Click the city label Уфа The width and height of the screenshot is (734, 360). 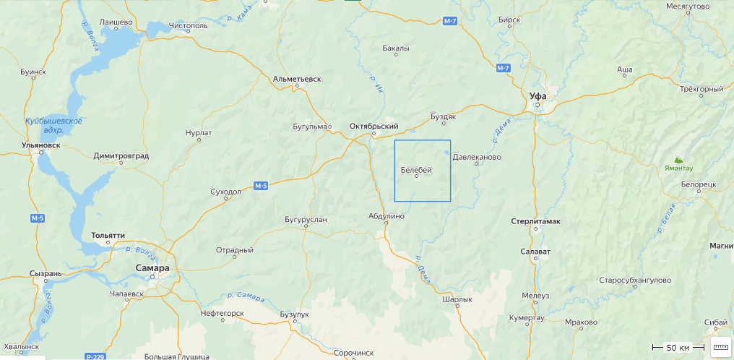click(537, 95)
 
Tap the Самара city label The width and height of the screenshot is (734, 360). click(152, 268)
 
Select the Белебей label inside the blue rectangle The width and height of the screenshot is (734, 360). click(416, 170)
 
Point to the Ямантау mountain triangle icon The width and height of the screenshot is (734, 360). click(678, 159)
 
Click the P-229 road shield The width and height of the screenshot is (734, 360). click(95, 356)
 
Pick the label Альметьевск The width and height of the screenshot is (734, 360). click(297, 78)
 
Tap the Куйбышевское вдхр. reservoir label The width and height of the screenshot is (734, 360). click(53, 125)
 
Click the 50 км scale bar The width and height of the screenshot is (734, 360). click(677, 348)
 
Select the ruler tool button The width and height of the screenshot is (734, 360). click(720, 348)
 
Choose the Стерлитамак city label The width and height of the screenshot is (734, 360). click(535, 220)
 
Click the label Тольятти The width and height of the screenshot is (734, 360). click(108, 236)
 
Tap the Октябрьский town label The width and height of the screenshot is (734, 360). click(374, 126)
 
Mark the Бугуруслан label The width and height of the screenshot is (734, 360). click(306, 218)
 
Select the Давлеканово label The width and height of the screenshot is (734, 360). click(477, 156)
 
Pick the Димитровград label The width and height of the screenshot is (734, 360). click(121, 155)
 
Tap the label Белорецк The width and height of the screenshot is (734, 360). click(698, 184)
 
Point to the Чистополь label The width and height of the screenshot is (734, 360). click(188, 25)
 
